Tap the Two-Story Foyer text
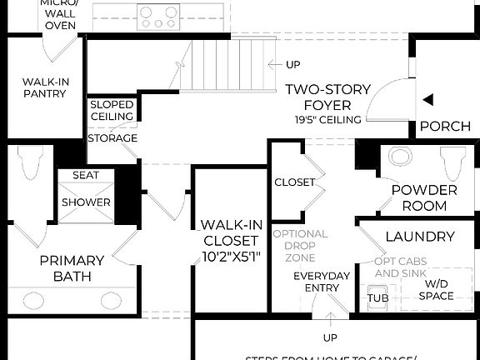click(327, 97)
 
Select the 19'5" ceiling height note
click(327, 119)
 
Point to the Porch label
click(444, 127)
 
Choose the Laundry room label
click(420, 237)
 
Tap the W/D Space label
click(432, 290)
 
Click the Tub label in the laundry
click(377, 297)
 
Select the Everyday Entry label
click(322, 282)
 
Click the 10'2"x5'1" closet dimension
click(232, 256)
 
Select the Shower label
click(86, 202)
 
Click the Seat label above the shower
click(86, 175)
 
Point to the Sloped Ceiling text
click(112, 110)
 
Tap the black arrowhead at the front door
click(427, 100)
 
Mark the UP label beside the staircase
click(293, 64)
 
